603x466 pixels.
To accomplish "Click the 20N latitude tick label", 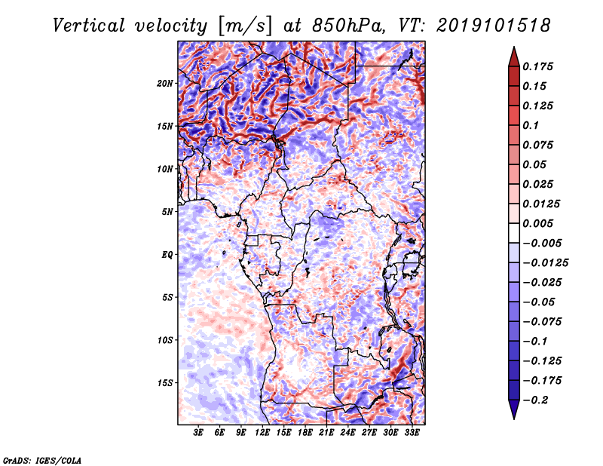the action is pyautogui.click(x=165, y=84).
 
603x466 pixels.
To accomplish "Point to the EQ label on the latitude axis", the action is pyautogui.click(x=167, y=255).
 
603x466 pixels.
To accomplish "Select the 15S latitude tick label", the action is pyautogui.click(x=165, y=383).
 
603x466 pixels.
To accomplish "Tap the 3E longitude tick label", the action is pyautogui.click(x=198, y=433).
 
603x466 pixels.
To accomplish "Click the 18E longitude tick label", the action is pyautogui.click(x=305, y=433).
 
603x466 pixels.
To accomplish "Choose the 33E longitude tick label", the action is pyautogui.click(x=412, y=433).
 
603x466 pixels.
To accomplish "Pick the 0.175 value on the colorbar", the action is pyautogui.click(x=537, y=66).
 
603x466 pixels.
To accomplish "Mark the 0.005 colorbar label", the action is pyautogui.click(x=537, y=223).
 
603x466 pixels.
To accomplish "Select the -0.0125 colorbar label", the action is pyautogui.click(x=545, y=263).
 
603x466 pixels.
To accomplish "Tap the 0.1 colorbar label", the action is pyautogui.click(x=531, y=125).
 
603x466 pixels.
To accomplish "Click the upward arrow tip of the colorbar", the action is pyautogui.click(x=514, y=47).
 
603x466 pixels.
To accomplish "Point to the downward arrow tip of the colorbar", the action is pyautogui.click(x=514, y=418).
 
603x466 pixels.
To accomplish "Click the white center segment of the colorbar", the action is pyautogui.click(x=514, y=233).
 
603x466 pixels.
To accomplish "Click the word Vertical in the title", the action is pyautogui.click(x=89, y=26).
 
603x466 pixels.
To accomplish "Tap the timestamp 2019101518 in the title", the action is pyautogui.click(x=494, y=26).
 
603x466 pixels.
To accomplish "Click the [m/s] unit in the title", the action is pyautogui.click(x=245, y=26).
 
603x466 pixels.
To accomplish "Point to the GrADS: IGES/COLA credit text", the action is pyautogui.click(x=42, y=460).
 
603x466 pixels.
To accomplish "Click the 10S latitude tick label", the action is pyautogui.click(x=165, y=340).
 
